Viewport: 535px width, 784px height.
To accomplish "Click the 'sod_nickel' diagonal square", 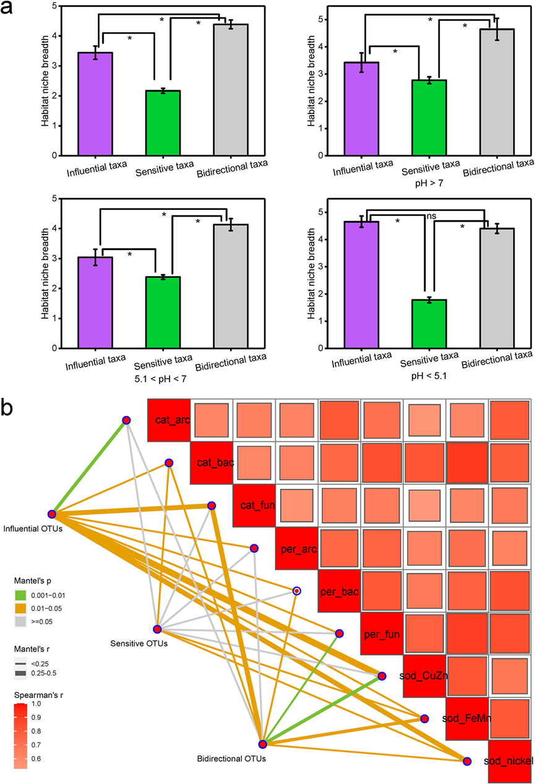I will [x=509, y=760].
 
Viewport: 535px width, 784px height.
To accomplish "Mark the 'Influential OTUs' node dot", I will [x=53, y=514].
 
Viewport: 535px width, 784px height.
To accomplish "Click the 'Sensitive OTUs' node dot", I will [x=157, y=629].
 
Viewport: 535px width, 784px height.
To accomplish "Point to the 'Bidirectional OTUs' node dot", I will [x=262, y=744].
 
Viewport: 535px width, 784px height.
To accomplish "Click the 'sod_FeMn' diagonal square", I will [x=466, y=718].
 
